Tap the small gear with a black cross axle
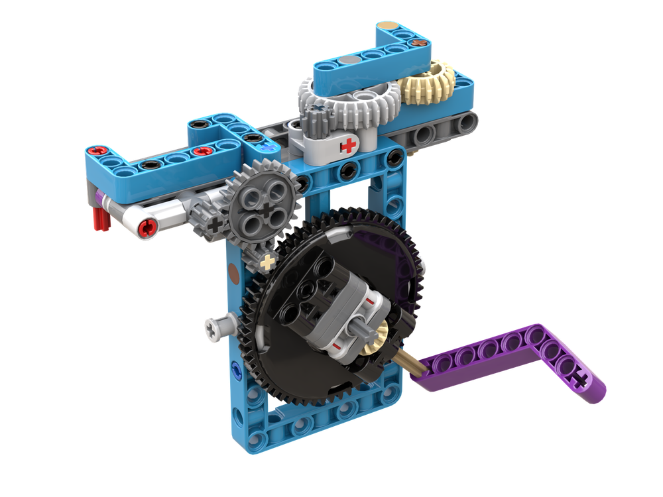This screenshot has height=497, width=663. pyautogui.click(x=213, y=225)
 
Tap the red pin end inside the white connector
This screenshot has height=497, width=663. pyautogui.click(x=147, y=229)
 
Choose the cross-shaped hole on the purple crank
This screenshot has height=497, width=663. pyautogui.click(x=582, y=380)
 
